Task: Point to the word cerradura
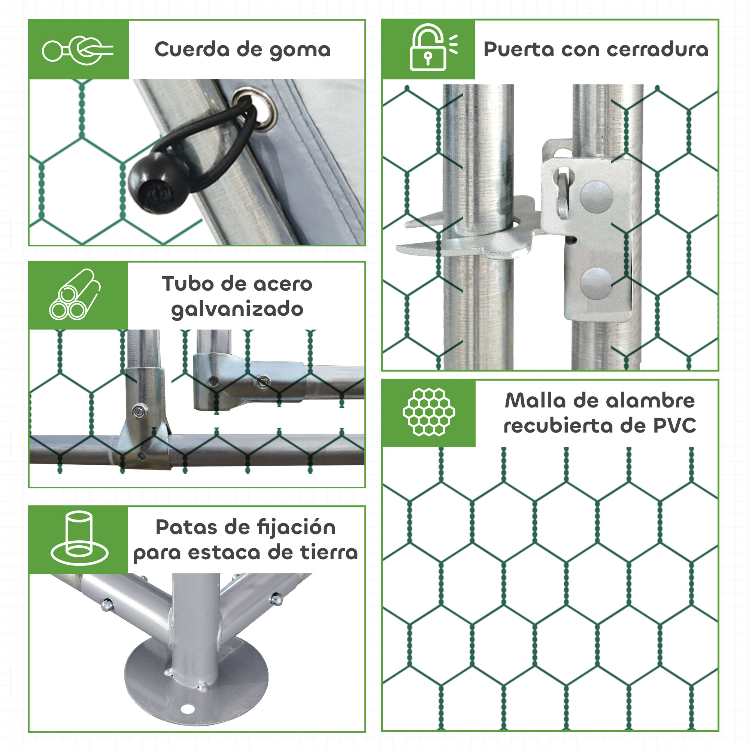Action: coord(657,50)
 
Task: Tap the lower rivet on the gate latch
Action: coord(596,283)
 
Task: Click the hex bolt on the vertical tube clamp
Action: coord(140,410)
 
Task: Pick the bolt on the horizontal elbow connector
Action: coord(263,382)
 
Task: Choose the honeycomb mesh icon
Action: coord(428,412)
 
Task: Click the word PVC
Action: coord(674,426)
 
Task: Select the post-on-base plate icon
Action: coord(79,539)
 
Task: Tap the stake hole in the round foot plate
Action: coord(188,709)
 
